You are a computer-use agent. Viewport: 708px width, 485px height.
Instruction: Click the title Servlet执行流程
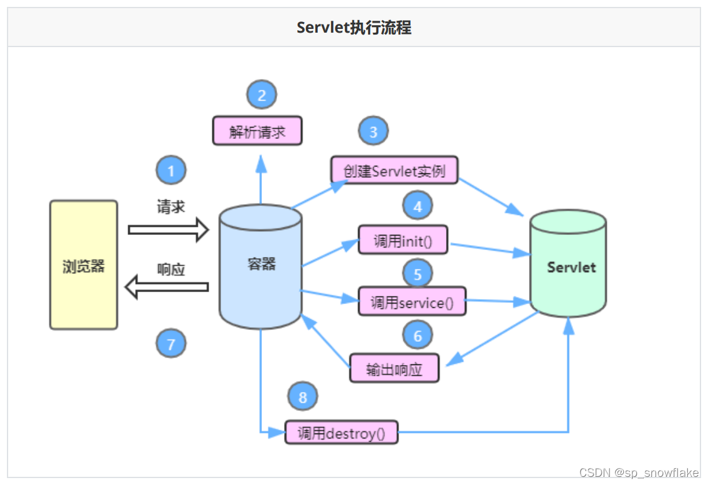click(354, 28)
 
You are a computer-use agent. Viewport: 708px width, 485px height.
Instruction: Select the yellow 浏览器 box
click(84, 265)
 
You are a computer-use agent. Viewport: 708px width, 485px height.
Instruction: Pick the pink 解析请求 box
click(257, 131)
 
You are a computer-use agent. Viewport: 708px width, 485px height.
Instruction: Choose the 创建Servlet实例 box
click(395, 171)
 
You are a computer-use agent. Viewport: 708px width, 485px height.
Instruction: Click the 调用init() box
click(403, 240)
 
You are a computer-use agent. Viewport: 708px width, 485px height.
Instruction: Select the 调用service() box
click(412, 302)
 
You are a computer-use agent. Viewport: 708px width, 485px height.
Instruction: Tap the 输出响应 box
click(394, 369)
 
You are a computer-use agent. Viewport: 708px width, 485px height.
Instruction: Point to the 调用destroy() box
click(341, 432)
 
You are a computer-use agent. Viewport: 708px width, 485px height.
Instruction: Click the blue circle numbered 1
click(172, 170)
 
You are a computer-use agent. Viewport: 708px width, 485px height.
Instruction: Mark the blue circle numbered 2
click(262, 95)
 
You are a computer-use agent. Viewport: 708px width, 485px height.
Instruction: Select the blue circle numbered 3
click(373, 132)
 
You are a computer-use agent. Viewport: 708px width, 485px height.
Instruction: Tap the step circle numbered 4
click(418, 205)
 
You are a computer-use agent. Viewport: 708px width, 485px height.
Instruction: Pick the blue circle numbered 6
click(418, 336)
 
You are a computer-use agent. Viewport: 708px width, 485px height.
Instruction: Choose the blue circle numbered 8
click(303, 396)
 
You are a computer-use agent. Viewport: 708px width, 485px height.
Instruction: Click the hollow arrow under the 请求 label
click(168, 230)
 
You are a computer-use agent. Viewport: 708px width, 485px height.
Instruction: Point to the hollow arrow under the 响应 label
click(166, 288)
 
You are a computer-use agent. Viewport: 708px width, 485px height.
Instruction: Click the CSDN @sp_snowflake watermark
click(639, 472)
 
